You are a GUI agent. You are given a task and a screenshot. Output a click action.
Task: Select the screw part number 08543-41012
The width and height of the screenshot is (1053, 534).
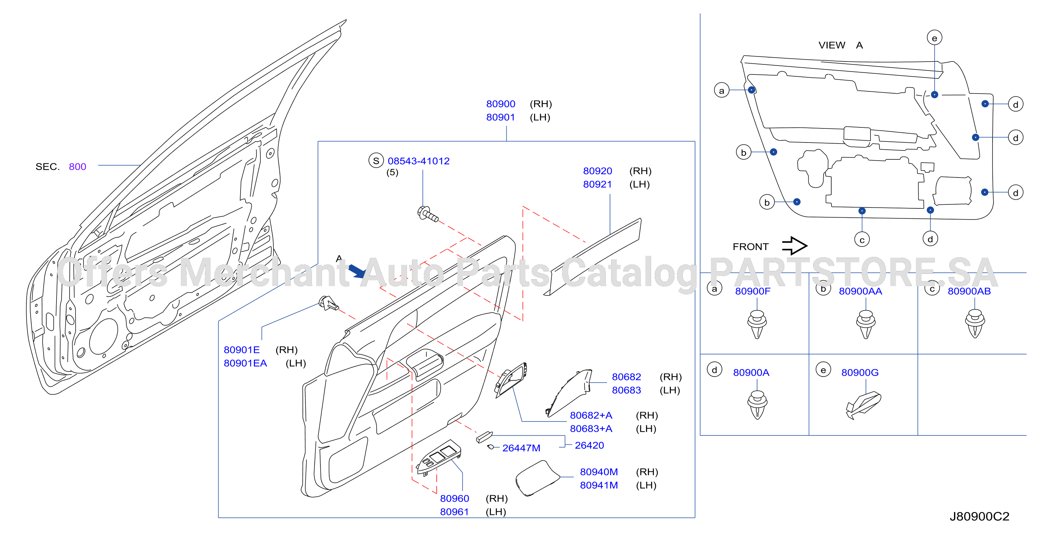pos(418,161)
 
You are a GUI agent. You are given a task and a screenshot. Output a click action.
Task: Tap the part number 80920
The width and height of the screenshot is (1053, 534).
pos(597,171)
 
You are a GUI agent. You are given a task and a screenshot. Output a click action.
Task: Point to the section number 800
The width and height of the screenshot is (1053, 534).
pos(77,167)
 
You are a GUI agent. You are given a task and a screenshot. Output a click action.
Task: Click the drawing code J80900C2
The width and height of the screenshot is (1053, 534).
pos(980,516)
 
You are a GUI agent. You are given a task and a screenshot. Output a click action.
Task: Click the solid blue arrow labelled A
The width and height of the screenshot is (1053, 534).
pos(357,271)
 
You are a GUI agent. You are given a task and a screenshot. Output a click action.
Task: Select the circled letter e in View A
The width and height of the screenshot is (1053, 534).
pos(935,38)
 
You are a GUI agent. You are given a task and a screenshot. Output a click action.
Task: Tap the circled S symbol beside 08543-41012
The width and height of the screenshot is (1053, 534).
pos(376,160)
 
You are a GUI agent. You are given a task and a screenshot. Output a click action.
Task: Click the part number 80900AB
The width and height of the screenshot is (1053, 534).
pos(969,291)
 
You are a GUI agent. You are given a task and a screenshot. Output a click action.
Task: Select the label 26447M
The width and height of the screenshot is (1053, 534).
pos(521,448)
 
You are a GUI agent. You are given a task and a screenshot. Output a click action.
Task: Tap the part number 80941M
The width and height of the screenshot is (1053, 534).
pos(599,485)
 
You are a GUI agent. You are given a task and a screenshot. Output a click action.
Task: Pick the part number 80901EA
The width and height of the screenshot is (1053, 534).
pos(245,363)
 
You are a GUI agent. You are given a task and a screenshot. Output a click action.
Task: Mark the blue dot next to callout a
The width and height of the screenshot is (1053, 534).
pos(751,90)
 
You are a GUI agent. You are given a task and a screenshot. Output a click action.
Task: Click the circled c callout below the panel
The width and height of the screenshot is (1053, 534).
pos(862,240)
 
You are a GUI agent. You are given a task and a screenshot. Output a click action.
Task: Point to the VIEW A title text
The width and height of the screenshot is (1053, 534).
pos(841,45)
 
